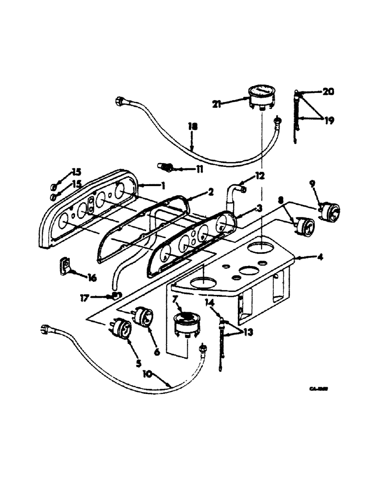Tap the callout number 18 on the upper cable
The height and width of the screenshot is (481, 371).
(192, 127)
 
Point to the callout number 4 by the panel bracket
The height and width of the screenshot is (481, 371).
(319, 257)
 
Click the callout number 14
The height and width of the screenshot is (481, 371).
(210, 302)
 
